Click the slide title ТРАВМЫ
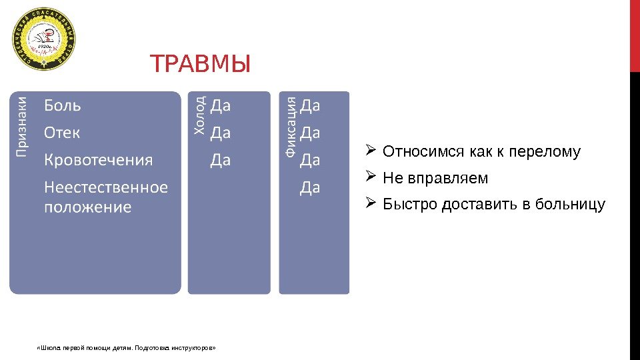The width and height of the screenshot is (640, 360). coord(200,65)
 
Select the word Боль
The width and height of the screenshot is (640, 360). coord(63,105)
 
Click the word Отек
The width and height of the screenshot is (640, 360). coord(62,133)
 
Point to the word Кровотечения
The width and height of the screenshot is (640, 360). coord(98,160)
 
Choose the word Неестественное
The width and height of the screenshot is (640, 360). coord(106,187)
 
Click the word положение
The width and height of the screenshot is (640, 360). coord(87,207)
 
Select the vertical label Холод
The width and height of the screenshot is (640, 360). coord(199,115)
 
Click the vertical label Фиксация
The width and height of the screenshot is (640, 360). coord(291,127)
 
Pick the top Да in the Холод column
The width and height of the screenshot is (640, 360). coord(221,105)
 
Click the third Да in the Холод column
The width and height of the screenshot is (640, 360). coord(221,160)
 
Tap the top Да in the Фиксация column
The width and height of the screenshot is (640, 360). coord(310,105)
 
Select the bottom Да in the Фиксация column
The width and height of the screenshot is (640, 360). coord(310,187)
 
